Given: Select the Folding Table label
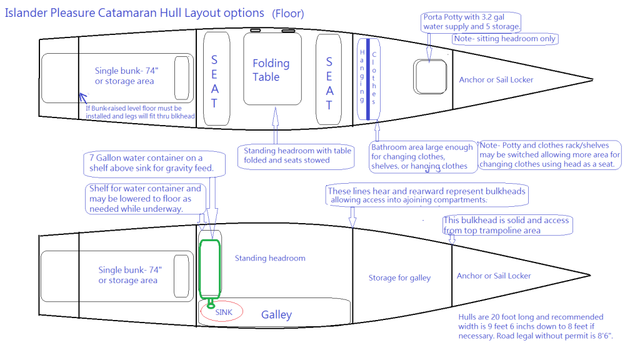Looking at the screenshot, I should (271, 70).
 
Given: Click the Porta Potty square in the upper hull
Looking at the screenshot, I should (430, 77).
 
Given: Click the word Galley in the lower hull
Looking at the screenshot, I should (276, 314).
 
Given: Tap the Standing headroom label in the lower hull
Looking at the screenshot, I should (269, 258).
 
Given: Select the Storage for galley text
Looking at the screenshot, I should (399, 277).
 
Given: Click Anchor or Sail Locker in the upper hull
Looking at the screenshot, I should (496, 79).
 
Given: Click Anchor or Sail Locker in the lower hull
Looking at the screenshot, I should (494, 276).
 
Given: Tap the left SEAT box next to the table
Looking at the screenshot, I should (214, 80).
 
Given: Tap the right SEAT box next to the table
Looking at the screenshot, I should (329, 80).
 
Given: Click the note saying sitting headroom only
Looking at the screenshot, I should (504, 39).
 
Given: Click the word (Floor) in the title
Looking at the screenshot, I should (288, 13).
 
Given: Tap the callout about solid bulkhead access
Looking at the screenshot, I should (507, 225).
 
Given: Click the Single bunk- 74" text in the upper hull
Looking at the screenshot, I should (124, 76).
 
